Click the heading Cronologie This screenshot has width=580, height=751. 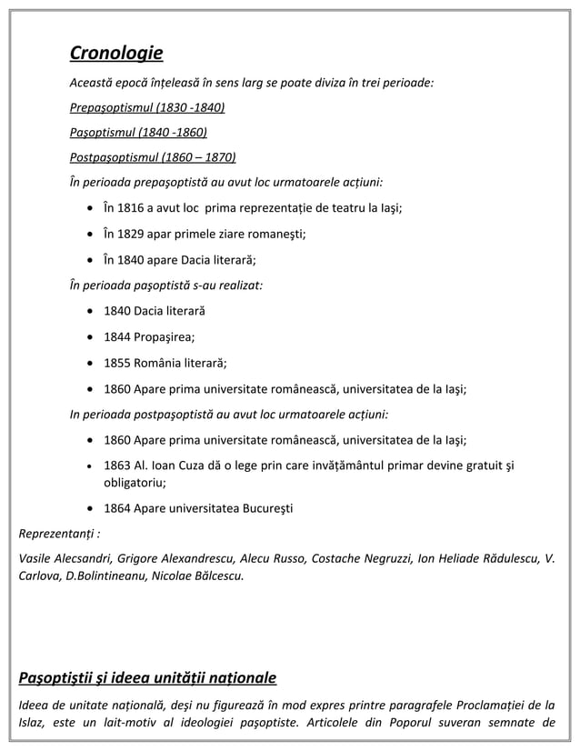pyautogui.click(x=116, y=54)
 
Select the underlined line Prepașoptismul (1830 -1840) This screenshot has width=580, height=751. pyautogui.click(x=147, y=108)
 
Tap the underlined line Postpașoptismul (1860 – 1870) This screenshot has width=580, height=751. pyautogui.click(x=153, y=155)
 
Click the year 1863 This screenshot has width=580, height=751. pyautogui.click(x=117, y=466)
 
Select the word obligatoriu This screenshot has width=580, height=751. pyautogui.click(x=134, y=483)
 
